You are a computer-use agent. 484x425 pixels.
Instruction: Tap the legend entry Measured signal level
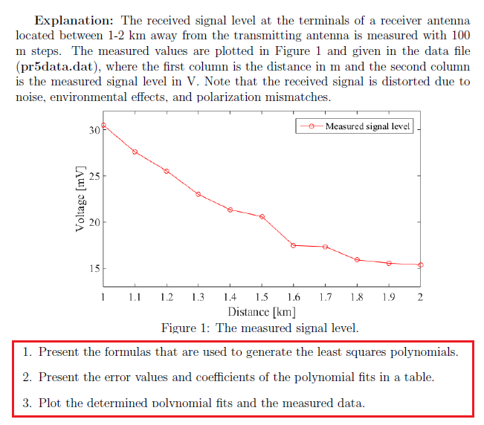point(367,126)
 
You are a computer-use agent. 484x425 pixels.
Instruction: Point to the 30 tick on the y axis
point(94,130)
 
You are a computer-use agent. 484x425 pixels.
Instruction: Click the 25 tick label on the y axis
point(94,176)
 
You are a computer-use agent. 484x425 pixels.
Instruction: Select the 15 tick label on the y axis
point(94,268)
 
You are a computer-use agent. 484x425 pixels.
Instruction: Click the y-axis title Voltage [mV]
point(80,198)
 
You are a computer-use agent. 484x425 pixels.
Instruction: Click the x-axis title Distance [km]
point(262,312)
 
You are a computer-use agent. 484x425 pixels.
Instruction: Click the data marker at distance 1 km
point(103,126)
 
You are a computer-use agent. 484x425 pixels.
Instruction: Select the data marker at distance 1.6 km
point(294,245)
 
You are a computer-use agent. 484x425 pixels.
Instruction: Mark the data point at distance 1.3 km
point(199,195)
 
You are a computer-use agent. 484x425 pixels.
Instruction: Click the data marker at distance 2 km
point(420,265)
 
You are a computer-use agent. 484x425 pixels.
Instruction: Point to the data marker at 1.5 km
point(262,216)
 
